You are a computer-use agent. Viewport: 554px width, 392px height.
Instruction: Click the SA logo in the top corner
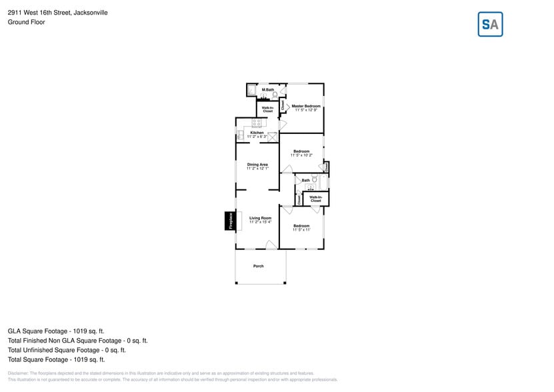pyautogui.click(x=490, y=25)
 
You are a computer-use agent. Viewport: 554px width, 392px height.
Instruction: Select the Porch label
pyautogui.click(x=258, y=266)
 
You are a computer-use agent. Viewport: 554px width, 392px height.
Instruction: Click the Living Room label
pyautogui.click(x=260, y=218)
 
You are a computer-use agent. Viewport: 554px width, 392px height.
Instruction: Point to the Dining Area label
pyautogui.click(x=257, y=165)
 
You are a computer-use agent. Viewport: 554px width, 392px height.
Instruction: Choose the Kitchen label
pyautogui.click(x=257, y=133)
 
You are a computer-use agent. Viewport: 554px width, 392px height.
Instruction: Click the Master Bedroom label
pyautogui.click(x=306, y=106)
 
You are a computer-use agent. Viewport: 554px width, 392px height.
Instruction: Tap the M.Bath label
pyautogui.click(x=267, y=89)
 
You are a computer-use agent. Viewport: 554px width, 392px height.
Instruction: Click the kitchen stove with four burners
pyautogui.click(x=257, y=122)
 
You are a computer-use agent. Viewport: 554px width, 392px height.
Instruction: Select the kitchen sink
pyautogui.click(x=241, y=135)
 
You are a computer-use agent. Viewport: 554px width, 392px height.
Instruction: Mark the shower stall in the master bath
pyautogui.click(x=252, y=90)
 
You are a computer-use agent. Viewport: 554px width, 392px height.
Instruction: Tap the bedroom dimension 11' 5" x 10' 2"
pyautogui.click(x=301, y=155)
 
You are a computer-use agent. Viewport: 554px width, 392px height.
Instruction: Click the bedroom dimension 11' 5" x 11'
pyautogui.click(x=301, y=229)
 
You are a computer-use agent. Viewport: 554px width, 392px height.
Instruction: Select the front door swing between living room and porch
pyautogui.click(x=271, y=245)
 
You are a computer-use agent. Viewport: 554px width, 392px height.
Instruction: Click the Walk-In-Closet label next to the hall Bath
pyautogui.click(x=315, y=199)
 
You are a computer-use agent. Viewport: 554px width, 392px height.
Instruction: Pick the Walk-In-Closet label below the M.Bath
pyautogui.click(x=267, y=109)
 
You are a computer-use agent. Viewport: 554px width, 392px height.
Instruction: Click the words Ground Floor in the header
pyautogui.click(x=26, y=22)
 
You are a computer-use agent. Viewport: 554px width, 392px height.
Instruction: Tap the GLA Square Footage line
pyautogui.click(x=56, y=331)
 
